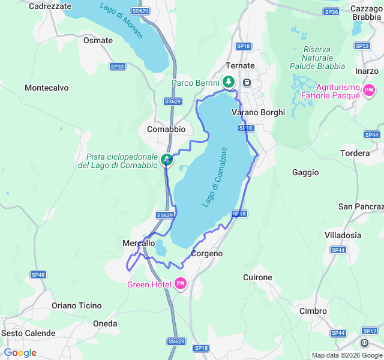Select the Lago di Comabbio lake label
[215, 177]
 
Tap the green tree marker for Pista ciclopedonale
[167, 160]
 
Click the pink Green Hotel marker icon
[181, 284]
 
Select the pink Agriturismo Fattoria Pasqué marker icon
[368, 91]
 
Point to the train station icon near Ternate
[247, 82]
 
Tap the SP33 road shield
[118, 67]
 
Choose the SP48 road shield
[38, 274]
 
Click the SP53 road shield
[362, 46]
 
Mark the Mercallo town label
[139, 243]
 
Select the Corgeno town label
[206, 254]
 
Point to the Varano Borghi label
[258, 112]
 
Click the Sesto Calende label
[28, 333]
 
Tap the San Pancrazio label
[361, 206]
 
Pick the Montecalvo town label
[46, 88]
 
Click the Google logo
[20, 353]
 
